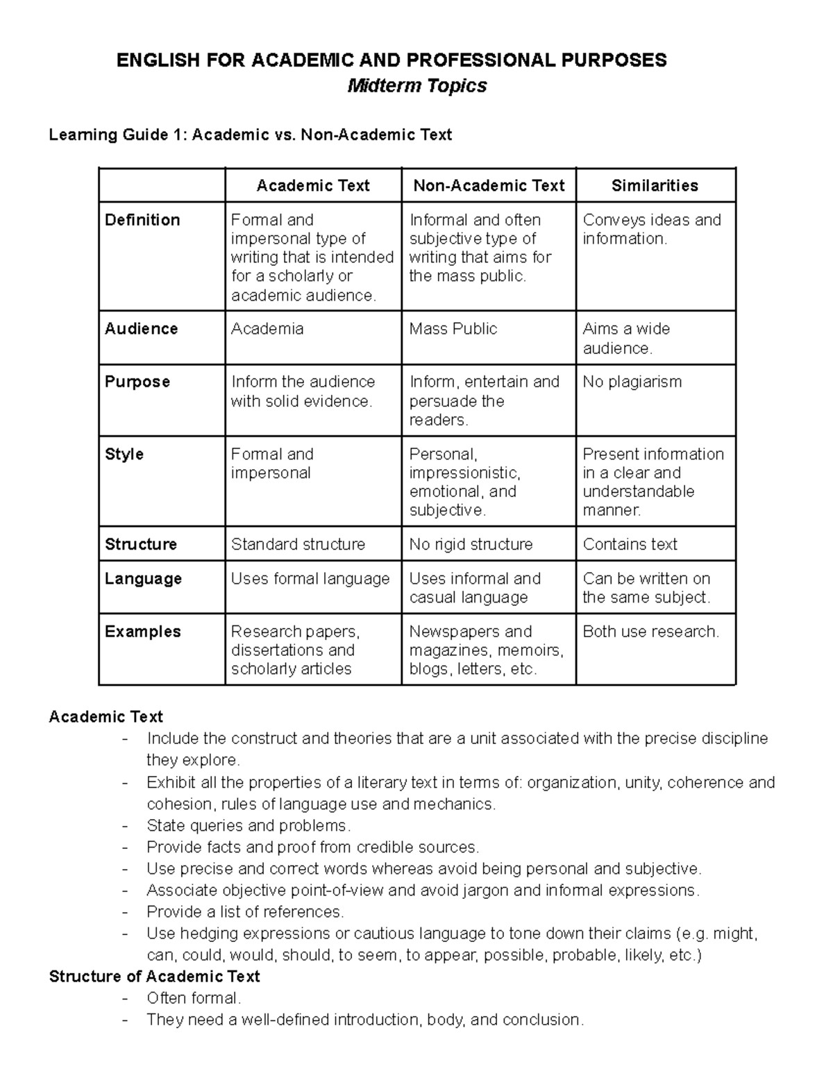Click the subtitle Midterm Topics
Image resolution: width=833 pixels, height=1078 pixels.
[x=416, y=86]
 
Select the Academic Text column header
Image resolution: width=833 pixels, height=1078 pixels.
[x=313, y=185]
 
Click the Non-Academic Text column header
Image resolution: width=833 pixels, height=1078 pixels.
[x=489, y=185]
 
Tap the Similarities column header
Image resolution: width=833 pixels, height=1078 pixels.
[x=655, y=185]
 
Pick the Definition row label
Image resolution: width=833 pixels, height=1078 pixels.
[x=142, y=220]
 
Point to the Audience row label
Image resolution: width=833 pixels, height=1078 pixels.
[x=141, y=329]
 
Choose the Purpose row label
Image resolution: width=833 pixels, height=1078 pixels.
[x=137, y=382]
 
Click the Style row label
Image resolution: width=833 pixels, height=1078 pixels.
[x=124, y=455]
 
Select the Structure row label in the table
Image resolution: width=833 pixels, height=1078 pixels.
[x=141, y=544]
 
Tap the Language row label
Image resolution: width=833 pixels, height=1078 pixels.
[x=143, y=579]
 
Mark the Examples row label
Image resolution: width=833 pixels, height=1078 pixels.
[x=143, y=632]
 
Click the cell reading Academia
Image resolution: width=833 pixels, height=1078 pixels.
[x=267, y=329]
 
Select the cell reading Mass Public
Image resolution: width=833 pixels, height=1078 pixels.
[x=453, y=329]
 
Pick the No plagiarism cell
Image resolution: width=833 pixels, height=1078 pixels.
[x=632, y=382]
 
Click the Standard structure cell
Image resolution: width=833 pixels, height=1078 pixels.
[x=298, y=544]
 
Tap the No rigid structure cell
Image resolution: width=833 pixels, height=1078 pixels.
[x=471, y=544]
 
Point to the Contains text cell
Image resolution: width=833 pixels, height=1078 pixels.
[x=630, y=544]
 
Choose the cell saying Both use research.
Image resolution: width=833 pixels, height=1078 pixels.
[x=650, y=632]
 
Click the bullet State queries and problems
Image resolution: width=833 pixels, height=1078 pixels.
[x=249, y=826]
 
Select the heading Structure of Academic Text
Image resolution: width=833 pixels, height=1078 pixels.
[x=154, y=977]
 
